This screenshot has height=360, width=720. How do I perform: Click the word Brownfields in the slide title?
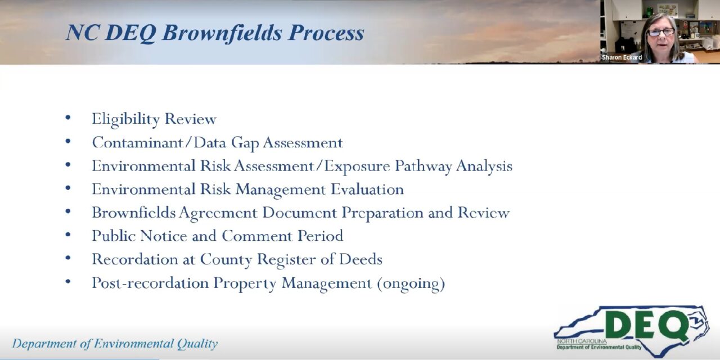[x=222, y=33]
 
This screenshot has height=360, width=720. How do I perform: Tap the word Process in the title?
[x=326, y=33]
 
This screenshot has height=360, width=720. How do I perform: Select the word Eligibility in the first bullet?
[x=125, y=119]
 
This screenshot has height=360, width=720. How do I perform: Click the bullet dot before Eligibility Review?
[x=68, y=118]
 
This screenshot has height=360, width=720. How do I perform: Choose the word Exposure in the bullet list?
[x=357, y=166]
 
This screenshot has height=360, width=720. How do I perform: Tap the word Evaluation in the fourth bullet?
[x=367, y=189]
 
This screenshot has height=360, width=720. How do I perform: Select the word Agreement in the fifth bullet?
[x=218, y=213]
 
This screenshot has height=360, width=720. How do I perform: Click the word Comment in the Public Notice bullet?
[x=257, y=236]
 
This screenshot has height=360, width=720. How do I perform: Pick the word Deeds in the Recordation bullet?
[x=361, y=259]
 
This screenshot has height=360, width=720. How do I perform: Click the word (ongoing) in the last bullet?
[x=411, y=283]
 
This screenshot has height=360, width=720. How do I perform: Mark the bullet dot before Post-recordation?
[x=68, y=282]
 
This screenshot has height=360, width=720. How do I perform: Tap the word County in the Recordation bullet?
[x=226, y=260]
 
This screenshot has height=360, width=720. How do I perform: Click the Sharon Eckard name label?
[x=622, y=57]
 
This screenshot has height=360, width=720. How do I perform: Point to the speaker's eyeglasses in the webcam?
[x=661, y=32]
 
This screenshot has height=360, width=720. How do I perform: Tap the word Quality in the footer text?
[x=197, y=344]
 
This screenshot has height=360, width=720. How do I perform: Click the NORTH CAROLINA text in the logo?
[x=582, y=341]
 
